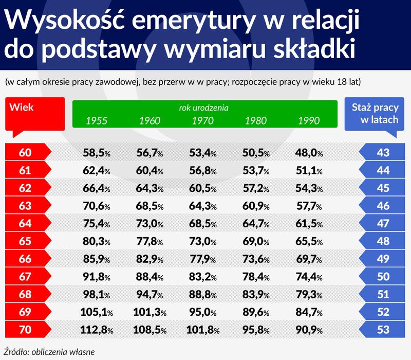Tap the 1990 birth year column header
click(308, 121)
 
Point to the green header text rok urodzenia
click(203, 109)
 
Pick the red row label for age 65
click(25, 240)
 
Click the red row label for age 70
click(25, 329)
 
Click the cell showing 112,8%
click(97, 329)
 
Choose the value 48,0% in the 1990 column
click(309, 152)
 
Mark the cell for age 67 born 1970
click(203, 276)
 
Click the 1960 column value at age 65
click(150, 240)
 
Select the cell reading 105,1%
click(97, 311)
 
